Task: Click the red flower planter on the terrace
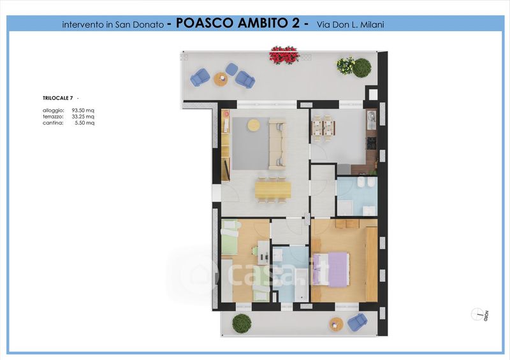[284, 55]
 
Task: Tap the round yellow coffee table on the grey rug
[254, 125]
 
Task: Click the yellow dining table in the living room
[273, 190]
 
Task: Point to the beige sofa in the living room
[277, 144]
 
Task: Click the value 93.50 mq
[83, 111]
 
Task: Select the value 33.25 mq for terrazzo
[83, 117]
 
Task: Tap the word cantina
[53, 123]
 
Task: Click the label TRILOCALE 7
[57, 98]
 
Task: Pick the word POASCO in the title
[205, 23]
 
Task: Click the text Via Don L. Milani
[350, 24]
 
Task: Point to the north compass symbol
[477, 314]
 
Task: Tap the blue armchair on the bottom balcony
[358, 322]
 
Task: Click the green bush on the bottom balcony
[242, 323]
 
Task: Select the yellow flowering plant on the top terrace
[346, 66]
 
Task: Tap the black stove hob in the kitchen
[372, 143]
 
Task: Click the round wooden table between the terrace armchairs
[221, 79]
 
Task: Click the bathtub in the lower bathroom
[301, 285]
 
